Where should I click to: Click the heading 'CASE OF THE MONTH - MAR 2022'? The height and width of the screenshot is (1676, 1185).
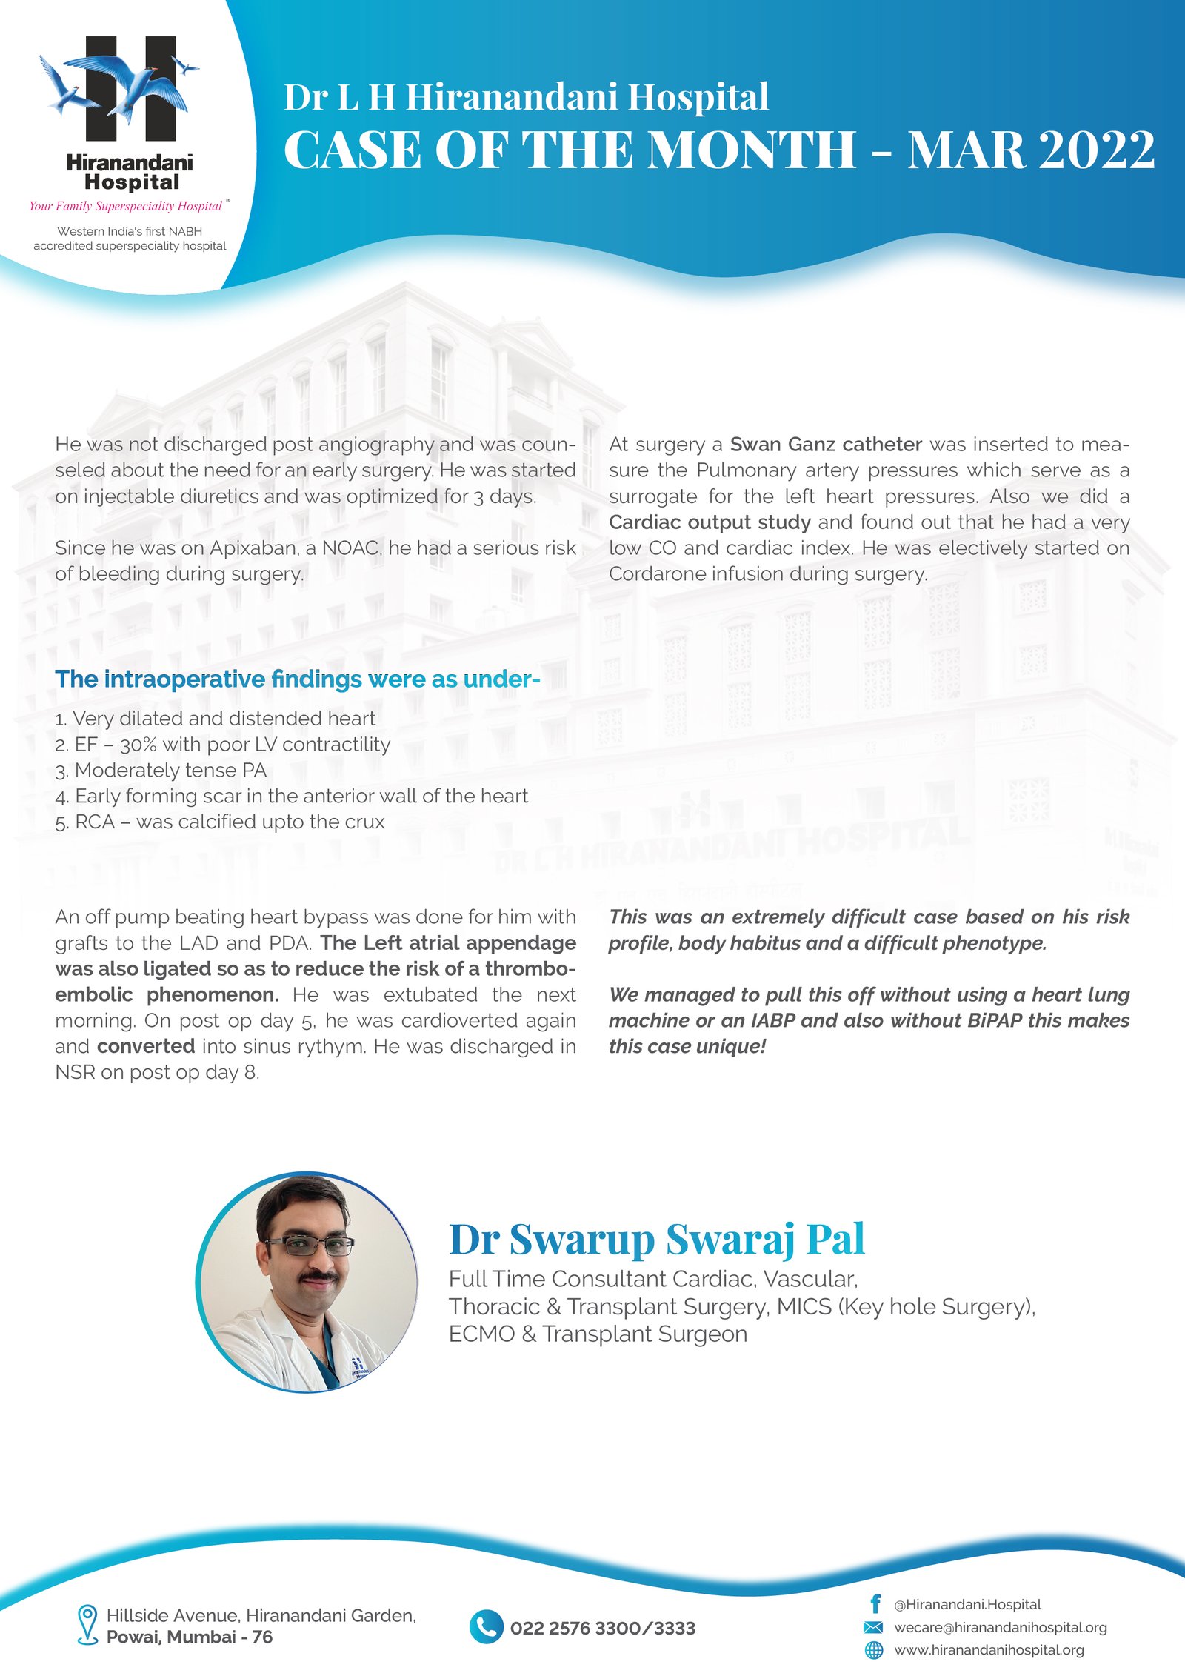tap(718, 150)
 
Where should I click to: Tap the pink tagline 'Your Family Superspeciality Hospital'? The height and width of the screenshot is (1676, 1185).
tap(126, 206)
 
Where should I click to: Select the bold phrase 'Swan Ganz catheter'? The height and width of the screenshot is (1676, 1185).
tap(826, 445)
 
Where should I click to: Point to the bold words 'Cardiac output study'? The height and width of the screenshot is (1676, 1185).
tap(710, 522)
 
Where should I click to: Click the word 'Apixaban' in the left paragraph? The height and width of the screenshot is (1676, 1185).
tap(253, 548)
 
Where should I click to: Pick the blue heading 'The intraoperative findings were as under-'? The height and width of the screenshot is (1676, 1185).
tap(297, 679)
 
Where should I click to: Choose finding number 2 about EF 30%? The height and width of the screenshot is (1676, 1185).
tap(222, 745)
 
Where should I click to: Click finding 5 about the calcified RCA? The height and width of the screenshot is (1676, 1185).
tap(220, 822)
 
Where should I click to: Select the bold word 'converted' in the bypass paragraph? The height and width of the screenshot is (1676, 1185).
tap(146, 1046)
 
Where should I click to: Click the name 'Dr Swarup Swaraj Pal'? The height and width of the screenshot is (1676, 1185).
tap(657, 1239)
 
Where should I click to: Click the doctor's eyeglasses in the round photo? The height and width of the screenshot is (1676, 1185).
tap(309, 1246)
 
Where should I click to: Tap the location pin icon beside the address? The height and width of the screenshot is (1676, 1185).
tap(87, 1624)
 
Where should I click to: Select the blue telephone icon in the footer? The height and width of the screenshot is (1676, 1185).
tap(486, 1627)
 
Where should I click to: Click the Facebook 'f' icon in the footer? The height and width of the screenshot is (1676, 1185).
tap(875, 1604)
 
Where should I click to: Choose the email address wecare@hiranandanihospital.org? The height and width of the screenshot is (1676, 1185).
tap(1000, 1627)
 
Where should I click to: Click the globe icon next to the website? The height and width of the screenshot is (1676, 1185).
tap(875, 1650)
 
